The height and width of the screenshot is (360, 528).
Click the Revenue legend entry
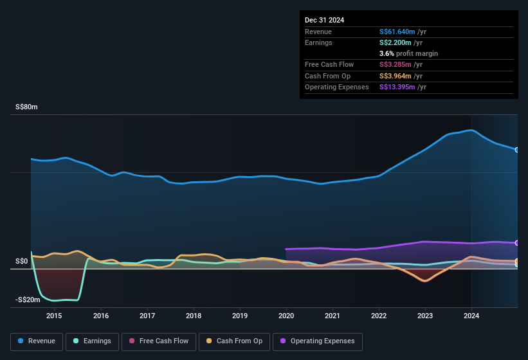click(x=37, y=341)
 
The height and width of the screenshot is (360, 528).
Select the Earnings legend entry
click(x=92, y=341)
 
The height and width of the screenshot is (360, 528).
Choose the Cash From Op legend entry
click(x=235, y=341)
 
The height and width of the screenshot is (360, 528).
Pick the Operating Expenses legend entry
click(x=318, y=341)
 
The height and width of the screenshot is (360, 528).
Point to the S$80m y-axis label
click(x=26, y=107)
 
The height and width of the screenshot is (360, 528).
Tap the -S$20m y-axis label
click(x=26, y=300)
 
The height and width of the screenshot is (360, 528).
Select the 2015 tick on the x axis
click(x=54, y=316)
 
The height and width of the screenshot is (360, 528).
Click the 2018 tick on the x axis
click(x=194, y=316)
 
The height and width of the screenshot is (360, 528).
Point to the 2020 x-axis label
click(x=286, y=316)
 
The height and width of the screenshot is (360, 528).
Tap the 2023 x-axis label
click(x=425, y=316)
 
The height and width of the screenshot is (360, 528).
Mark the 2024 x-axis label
click(x=471, y=316)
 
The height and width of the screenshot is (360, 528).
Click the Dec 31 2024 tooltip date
click(x=325, y=20)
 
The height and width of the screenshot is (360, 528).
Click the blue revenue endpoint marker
click(x=517, y=150)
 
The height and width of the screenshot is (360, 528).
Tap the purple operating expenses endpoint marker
click(x=517, y=243)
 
